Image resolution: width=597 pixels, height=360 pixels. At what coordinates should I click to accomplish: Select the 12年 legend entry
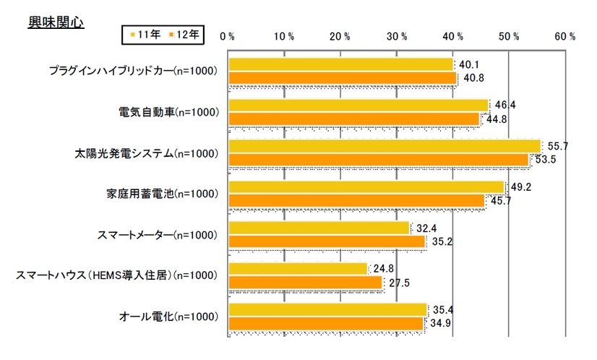pyautogui.click(x=186, y=33)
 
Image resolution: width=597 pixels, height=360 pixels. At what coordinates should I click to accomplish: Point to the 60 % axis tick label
pyautogui.click(x=564, y=36)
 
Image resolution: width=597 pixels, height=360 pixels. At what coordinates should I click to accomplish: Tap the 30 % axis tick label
pyautogui.click(x=396, y=36)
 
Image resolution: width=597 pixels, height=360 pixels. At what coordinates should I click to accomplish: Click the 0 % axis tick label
pyautogui.click(x=227, y=36)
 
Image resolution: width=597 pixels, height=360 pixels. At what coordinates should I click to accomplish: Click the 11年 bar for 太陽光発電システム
pyautogui.click(x=385, y=146)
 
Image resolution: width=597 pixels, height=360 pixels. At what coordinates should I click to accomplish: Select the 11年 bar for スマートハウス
pyautogui.click(x=298, y=270)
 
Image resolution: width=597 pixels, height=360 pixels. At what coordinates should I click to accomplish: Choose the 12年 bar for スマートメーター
pyautogui.click(x=327, y=242)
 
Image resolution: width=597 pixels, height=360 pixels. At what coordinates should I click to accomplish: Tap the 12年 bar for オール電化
pyautogui.click(x=326, y=324)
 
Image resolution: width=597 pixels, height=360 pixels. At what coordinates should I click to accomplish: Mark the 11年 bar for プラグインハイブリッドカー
pyautogui.click(x=340, y=64)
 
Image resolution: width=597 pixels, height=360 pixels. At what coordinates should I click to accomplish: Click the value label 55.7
pyautogui.click(x=557, y=146)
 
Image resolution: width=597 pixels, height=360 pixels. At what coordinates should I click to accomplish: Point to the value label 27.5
pyautogui.click(x=399, y=283)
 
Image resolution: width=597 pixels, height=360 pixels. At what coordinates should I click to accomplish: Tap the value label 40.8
pyautogui.click(x=473, y=78)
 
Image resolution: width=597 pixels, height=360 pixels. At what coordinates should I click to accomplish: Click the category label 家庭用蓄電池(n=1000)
pyautogui.click(x=161, y=194)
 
